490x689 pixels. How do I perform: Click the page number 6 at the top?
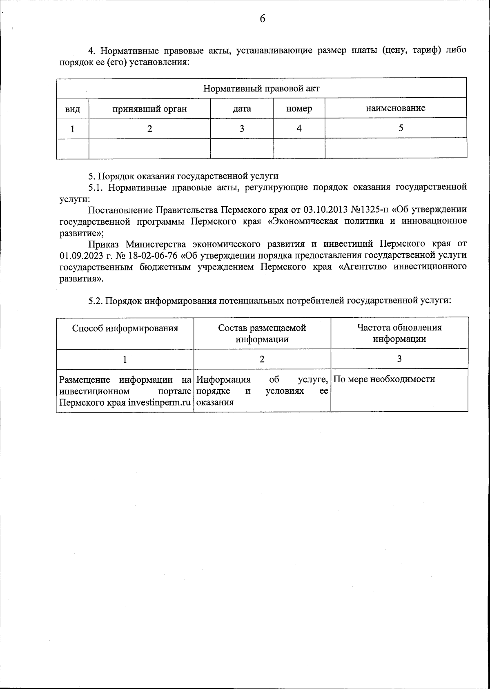pos(262,19)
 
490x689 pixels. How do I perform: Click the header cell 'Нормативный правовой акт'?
pos(261,88)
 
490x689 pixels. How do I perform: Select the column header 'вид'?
pos(73,109)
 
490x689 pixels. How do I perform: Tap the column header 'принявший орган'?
pos(149,109)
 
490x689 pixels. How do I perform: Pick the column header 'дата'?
pos(242,109)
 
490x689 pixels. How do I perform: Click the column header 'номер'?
pos(299,109)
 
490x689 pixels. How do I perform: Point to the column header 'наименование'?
pos(395,108)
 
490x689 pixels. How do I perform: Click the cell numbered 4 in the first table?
pos(299,128)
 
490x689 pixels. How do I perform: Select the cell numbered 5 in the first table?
pos(401,128)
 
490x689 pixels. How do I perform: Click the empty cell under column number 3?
pos(242,148)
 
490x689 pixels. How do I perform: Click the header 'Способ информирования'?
pos(125,328)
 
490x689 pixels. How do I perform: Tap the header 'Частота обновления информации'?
pos(399,333)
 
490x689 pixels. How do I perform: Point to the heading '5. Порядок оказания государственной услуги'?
pos(183,176)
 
